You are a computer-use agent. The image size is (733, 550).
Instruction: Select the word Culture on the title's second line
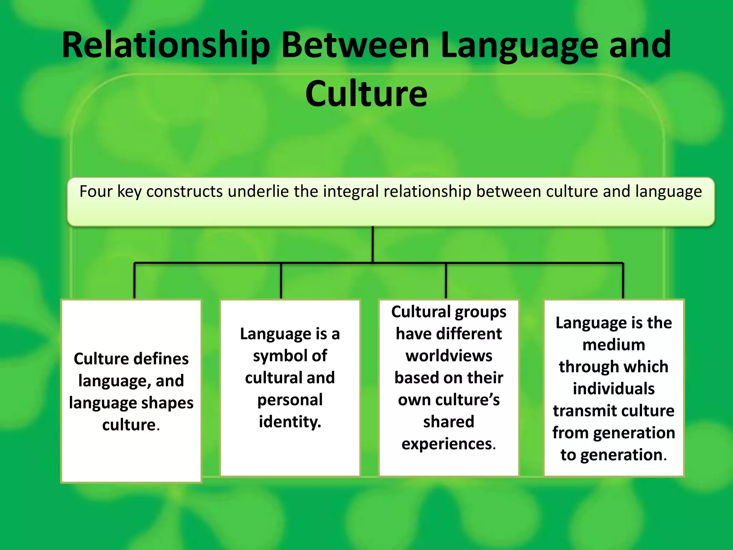pyautogui.click(x=366, y=94)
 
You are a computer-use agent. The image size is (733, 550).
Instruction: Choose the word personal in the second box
pyautogui.click(x=290, y=400)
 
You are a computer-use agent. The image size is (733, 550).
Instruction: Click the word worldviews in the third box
pyautogui.click(x=449, y=356)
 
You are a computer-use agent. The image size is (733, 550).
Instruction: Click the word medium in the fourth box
pyautogui.click(x=613, y=345)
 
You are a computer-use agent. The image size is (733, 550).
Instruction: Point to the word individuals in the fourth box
pyautogui.click(x=613, y=389)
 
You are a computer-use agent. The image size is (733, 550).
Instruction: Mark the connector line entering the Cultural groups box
pyautogui.click(x=446, y=281)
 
